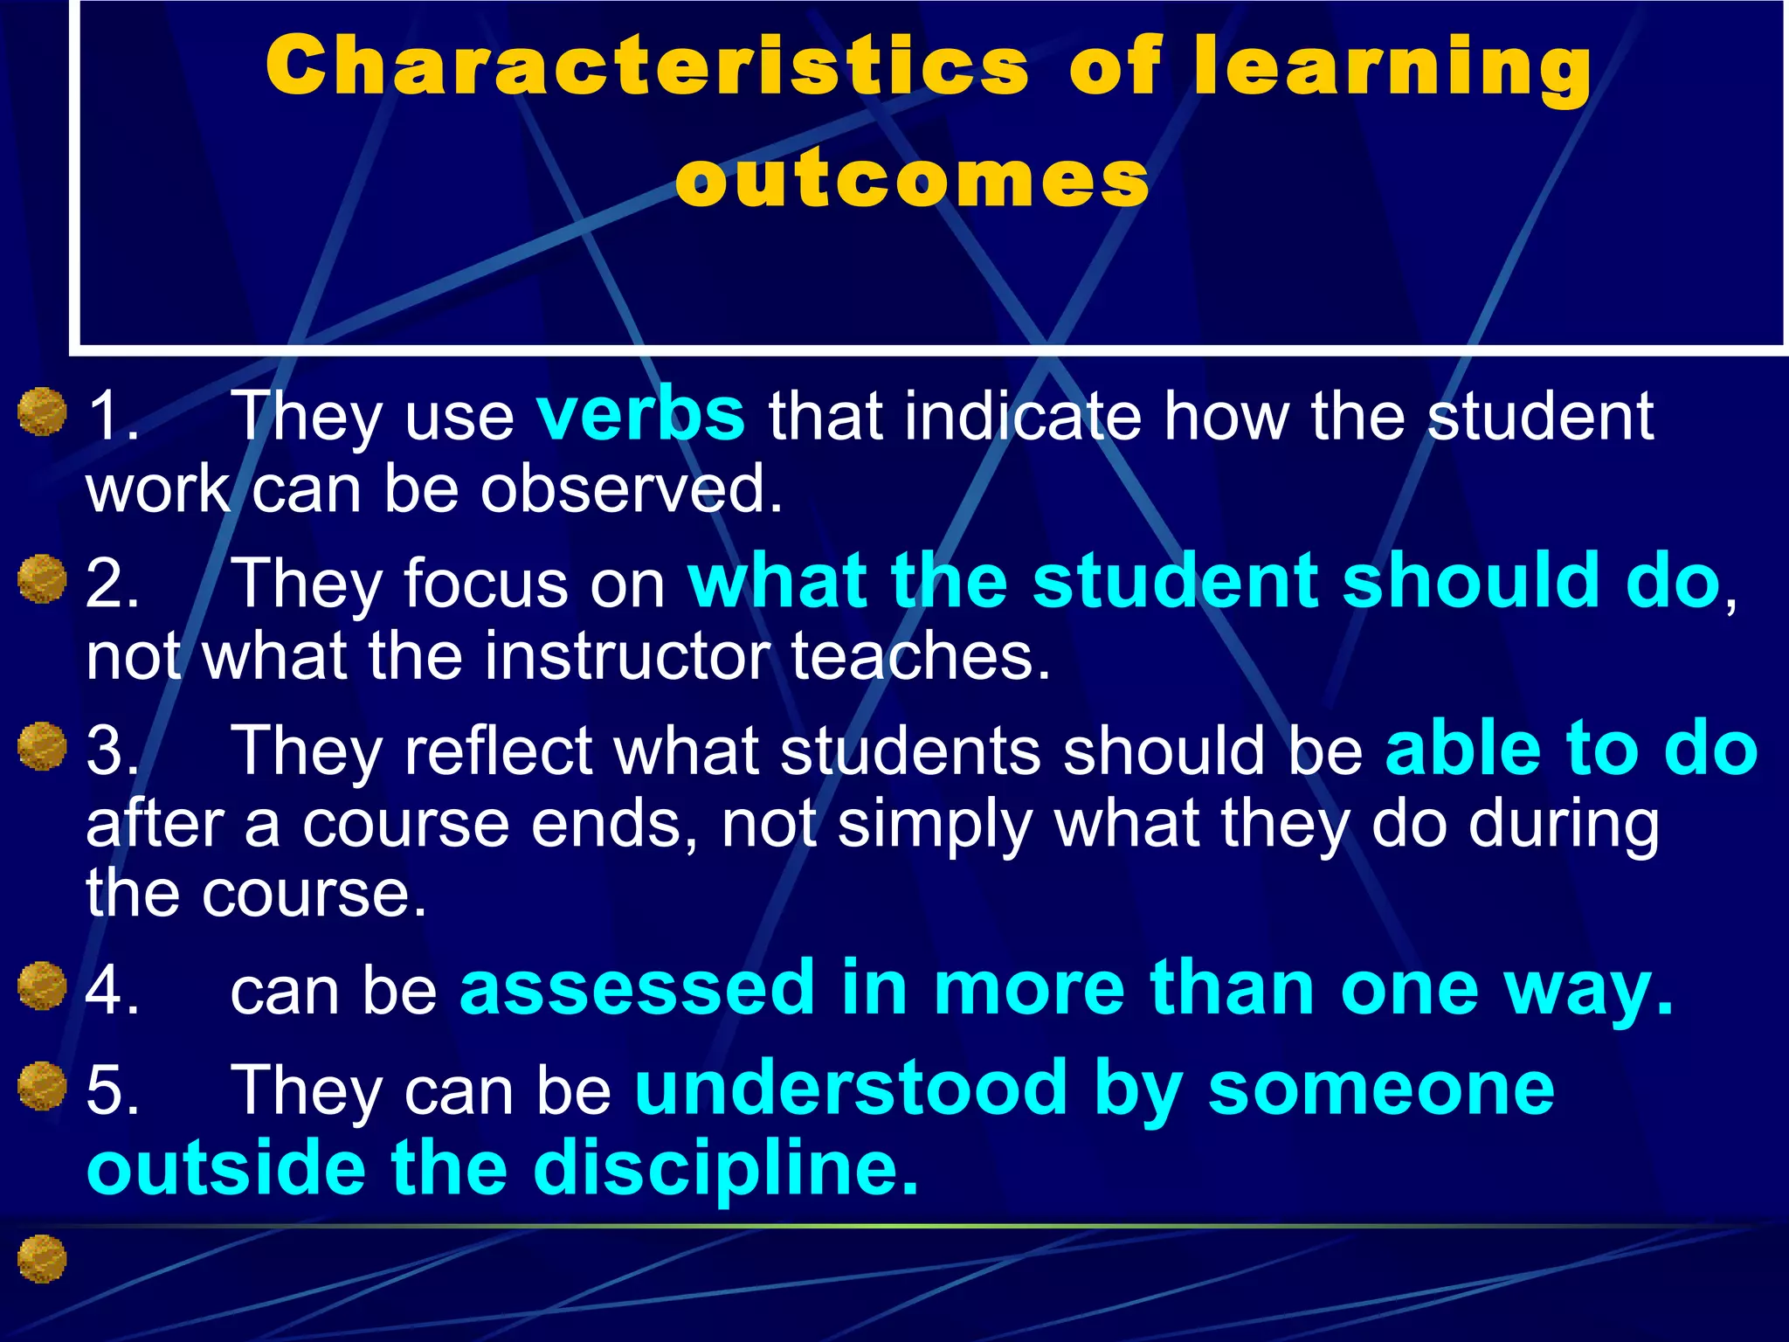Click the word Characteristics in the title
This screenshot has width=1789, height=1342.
point(647,67)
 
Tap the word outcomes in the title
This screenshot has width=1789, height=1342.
point(912,180)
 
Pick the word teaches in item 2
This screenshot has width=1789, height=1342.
point(920,655)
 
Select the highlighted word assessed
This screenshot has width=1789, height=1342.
point(637,988)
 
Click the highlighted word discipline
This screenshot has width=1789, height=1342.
point(725,1168)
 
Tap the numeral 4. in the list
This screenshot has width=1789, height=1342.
point(113,991)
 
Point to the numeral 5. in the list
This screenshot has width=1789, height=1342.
point(113,1090)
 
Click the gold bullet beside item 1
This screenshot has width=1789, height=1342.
point(42,412)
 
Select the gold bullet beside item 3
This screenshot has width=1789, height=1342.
point(42,747)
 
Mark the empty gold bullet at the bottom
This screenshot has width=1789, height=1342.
point(42,1259)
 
